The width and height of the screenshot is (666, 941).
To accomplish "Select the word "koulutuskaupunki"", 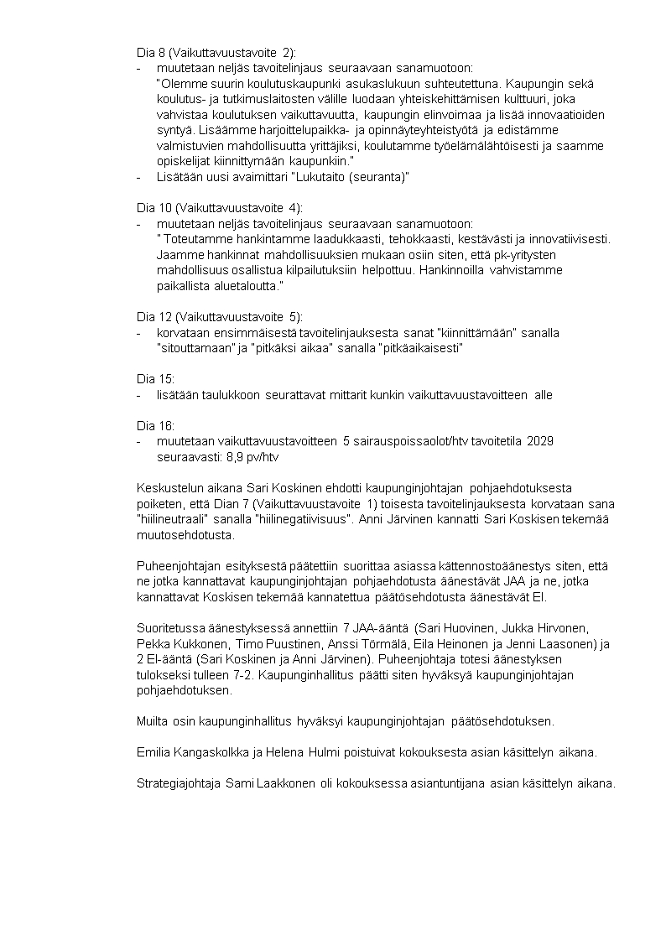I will (x=269, y=83).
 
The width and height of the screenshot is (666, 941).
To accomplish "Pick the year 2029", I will (x=539, y=441).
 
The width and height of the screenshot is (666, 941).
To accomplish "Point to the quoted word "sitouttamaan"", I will (x=196, y=348).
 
